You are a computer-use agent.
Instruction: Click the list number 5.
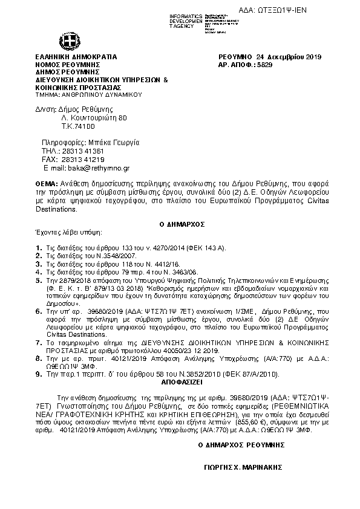(38, 281)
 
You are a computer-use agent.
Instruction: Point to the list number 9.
(38, 375)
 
